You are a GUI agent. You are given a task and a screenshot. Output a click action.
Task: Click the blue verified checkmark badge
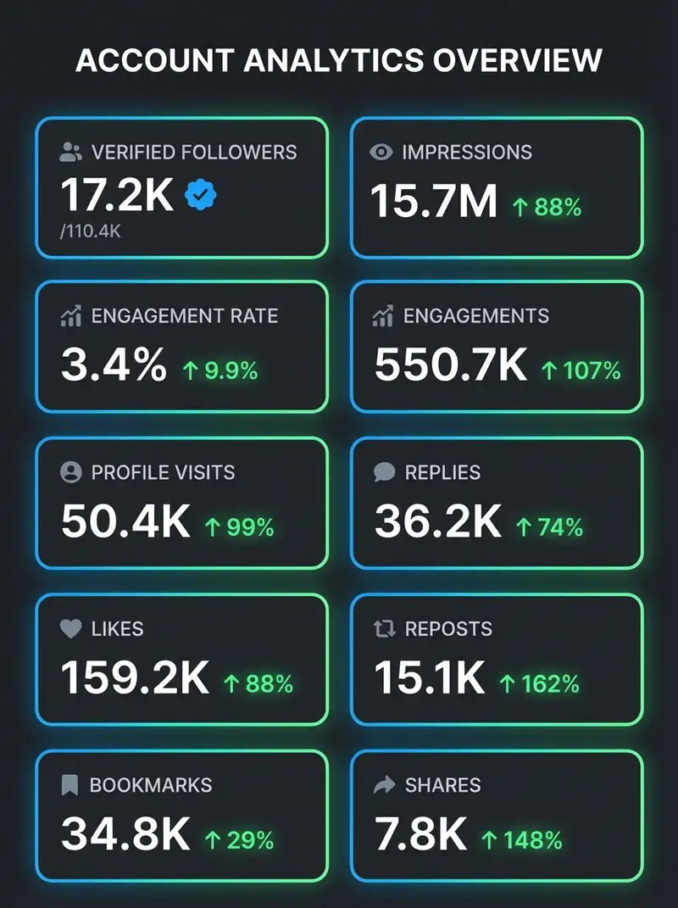pos(200,195)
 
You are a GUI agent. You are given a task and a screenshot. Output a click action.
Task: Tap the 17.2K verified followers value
pos(117,195)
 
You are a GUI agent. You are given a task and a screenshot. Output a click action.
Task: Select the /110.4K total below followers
pos(91,231)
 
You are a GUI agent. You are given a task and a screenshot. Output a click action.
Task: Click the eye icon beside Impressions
pos(381,153)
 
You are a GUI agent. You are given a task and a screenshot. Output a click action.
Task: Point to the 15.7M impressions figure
pos(434,201)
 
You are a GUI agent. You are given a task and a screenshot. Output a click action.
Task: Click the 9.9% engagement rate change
pos(220,370)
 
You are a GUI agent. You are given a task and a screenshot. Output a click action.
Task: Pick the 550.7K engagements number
pos(451,365)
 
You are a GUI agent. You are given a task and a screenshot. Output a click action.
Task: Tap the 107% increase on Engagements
pos(581,370)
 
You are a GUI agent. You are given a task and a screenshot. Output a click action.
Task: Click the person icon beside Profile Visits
pos(70,472)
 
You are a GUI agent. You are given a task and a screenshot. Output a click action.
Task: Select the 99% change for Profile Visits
pos(240,527)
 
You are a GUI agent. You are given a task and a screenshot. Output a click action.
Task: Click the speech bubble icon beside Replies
pos(385,472)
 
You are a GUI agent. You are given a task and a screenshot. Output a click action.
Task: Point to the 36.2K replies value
pos(438,521)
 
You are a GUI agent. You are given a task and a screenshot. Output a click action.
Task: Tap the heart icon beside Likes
pos(70,628)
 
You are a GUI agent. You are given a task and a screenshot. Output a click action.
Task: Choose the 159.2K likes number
pos(135,677)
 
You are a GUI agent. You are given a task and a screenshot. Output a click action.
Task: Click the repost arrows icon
pos(385,628)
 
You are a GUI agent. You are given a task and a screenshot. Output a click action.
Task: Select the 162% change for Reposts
pos(540,684)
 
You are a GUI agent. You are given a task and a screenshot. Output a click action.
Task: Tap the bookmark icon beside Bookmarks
pos(69,785)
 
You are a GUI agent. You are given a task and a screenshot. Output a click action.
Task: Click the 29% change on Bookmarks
pos(240,840)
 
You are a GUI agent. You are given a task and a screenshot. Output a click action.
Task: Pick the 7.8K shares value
pos(421,834)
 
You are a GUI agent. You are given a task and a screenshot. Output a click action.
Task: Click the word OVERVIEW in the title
pos(518,60)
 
